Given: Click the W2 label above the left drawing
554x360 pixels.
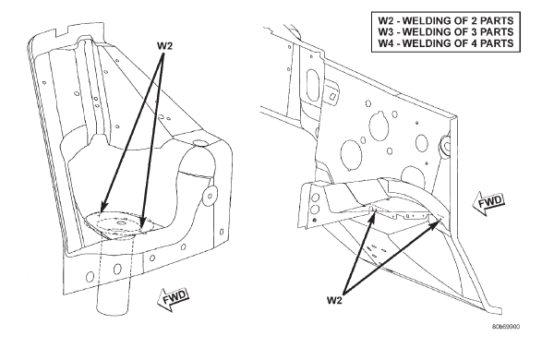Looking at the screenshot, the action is coord(164,46).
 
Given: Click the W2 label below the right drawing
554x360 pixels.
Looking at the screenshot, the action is coord(334,300).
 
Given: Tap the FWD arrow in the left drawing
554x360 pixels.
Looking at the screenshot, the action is coord(173,300).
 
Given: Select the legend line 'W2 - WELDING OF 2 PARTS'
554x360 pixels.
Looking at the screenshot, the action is coord(446,20).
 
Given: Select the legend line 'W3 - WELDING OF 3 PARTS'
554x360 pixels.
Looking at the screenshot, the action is coord(446,31).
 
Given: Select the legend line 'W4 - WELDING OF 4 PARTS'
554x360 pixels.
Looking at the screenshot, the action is coord(446,43).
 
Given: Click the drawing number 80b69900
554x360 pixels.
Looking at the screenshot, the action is coord(506,327).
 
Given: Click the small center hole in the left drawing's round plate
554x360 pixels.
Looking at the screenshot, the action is coord(121,222).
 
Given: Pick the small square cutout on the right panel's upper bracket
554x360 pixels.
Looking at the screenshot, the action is coord(332,96).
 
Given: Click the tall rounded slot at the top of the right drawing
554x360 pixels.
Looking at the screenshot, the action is coord(313,84).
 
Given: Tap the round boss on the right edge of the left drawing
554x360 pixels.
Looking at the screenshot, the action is coord(211,196).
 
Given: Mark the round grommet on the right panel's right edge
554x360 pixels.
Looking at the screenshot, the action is coord(444,146).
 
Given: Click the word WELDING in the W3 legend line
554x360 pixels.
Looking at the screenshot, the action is coord(427,31).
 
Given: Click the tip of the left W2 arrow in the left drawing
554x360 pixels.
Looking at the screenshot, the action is coord(101,212).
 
